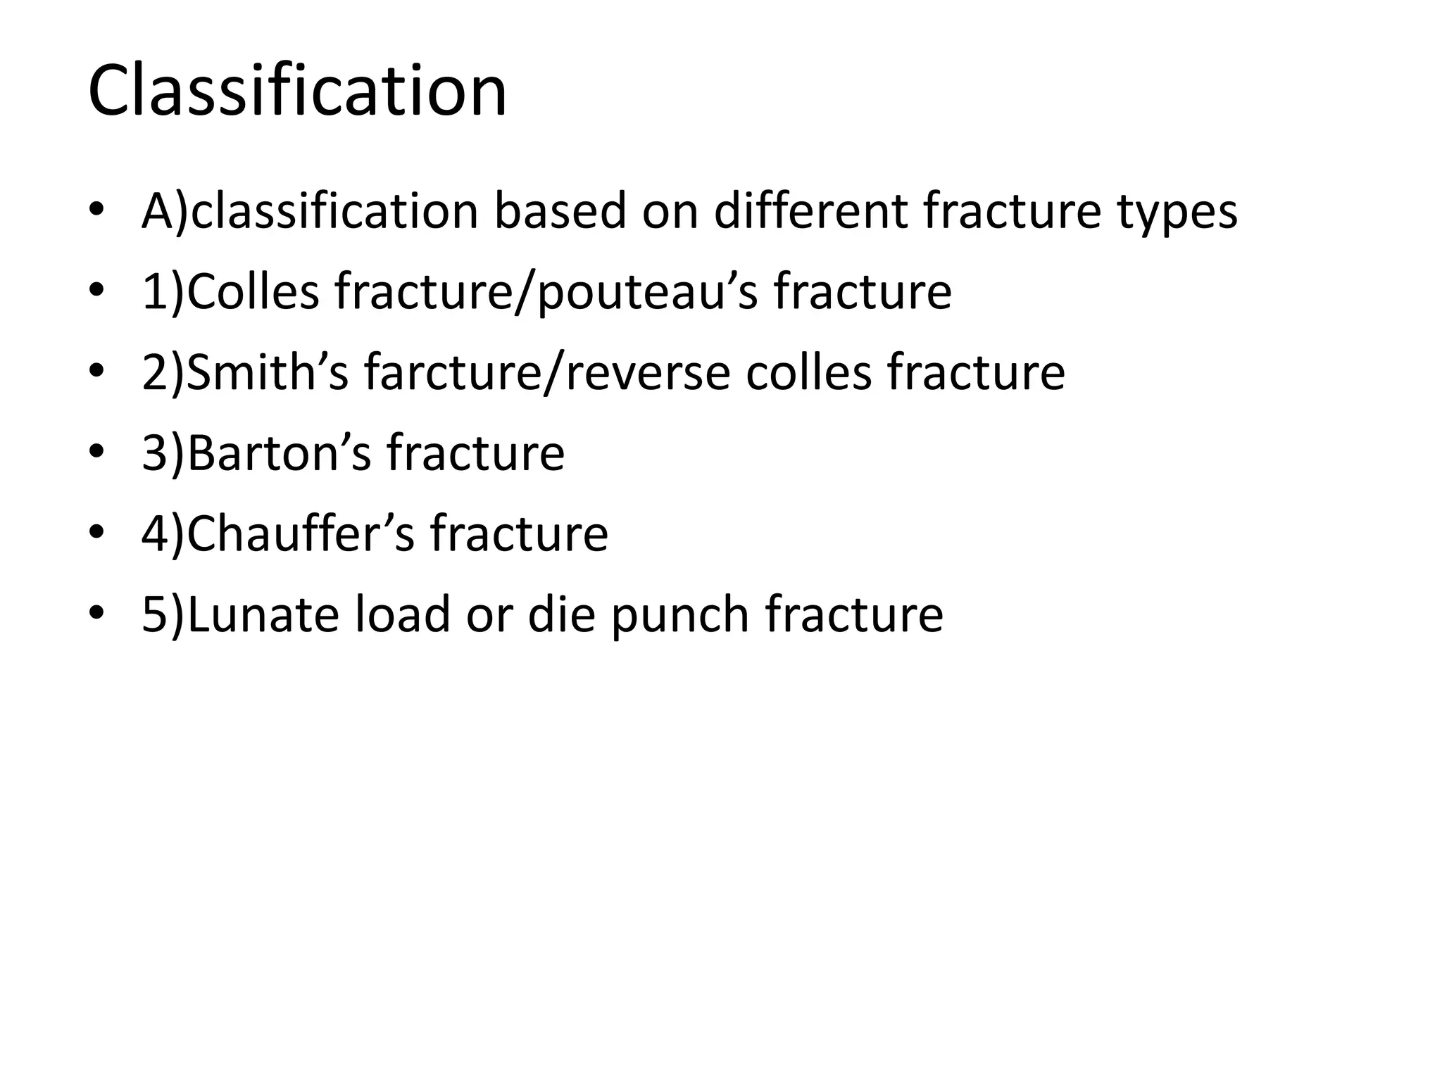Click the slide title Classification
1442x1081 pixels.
point(297,91)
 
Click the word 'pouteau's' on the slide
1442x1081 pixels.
point(647,293)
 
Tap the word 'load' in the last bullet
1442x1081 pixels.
point(401,614)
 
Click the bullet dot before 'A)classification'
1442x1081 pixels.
point(96,210)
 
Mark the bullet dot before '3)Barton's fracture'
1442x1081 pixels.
point(96,453)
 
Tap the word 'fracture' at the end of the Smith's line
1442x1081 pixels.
point(976,372)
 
